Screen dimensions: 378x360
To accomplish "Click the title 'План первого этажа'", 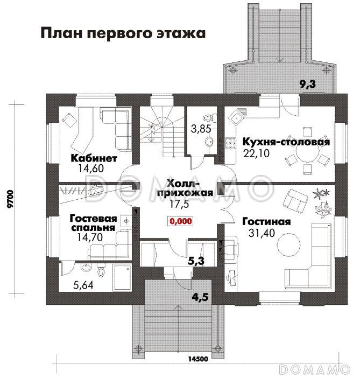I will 123,33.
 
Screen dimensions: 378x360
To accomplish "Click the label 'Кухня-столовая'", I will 286,142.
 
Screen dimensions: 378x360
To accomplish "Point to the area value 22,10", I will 256,153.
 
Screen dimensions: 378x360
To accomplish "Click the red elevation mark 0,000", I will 181,221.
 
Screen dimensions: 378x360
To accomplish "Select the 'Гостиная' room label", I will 266,221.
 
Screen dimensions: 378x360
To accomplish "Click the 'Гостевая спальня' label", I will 93,223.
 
